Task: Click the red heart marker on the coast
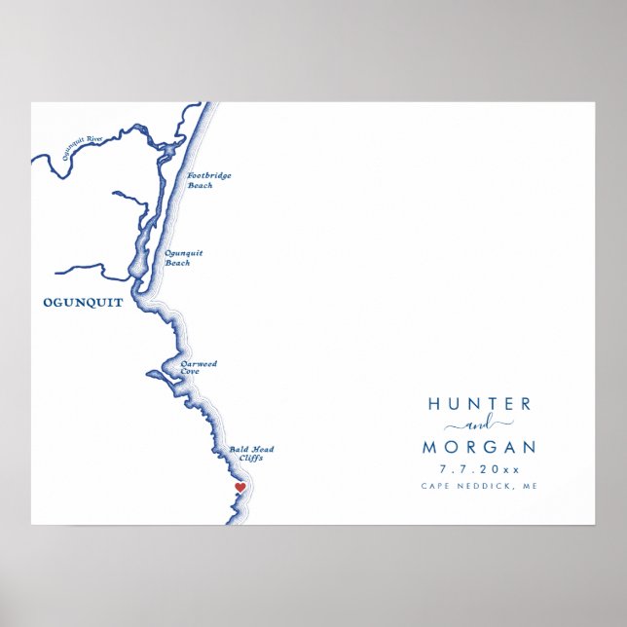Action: click(x=240, y=487)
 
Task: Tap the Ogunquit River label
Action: click(x=81, y=146)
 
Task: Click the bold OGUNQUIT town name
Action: click(x=84, y=303)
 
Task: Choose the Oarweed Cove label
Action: click(x=199, y=367)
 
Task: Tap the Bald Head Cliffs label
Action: click(x=251, y=453)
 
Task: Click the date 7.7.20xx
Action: click(x=479, y=468)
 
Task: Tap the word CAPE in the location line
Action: click(x=436, y=486)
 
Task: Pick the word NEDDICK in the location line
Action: click(x=485, y=486)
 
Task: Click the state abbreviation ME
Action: click(x=529, y=486)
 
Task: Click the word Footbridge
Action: click(x=205, y=176)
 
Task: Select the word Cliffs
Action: click(x=250, y=458)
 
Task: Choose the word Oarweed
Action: click(x=200, y=363)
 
